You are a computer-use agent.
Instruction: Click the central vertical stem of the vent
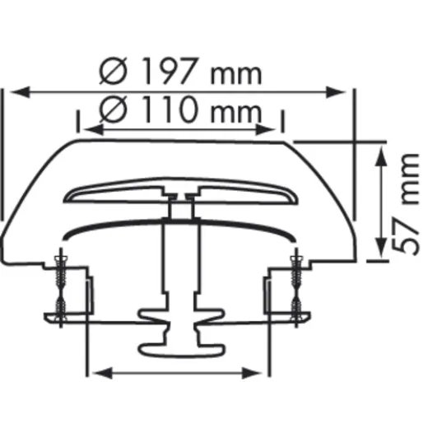click(178, 263)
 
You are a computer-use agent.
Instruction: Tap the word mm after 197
click(235, 74)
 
